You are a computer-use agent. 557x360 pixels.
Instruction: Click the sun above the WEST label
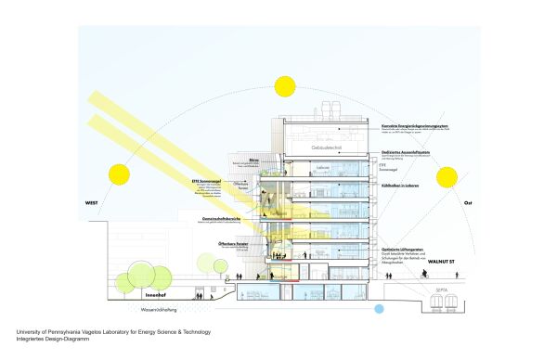pos(119,174)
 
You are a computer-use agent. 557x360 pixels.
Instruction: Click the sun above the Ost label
pos(447,177)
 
